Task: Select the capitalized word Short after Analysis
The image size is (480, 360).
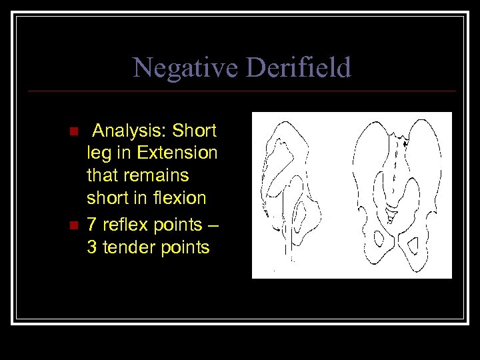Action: click(x=199, y=129)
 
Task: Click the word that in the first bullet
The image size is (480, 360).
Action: click(x=101, y=176)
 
